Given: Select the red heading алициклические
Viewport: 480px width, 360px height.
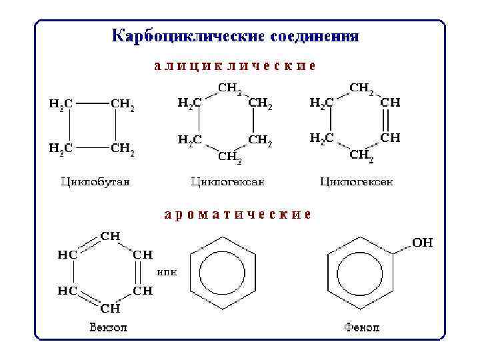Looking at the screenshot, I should pyautogui.click(x=235, y=67).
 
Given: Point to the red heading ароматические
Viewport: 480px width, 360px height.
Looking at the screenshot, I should pyautogui.click(x=237, y=215).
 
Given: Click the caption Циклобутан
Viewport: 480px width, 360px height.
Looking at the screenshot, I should pyautogui.click(x=95, y=181).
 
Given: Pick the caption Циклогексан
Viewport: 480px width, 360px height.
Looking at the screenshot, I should pyautogui.click(x=228, y=181).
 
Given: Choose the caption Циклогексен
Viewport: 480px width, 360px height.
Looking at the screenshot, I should pyautogui.click(x=357, y=181).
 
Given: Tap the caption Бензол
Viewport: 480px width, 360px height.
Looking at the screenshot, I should pyautogui.click(x=108, y=327).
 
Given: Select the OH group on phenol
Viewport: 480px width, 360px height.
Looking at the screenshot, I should pyautogui.click(x=422, y=243).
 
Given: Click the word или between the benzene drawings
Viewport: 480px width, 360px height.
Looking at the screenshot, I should pyautogui.click(x=166, y=272).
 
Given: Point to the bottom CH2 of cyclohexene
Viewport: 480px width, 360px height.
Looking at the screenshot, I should pyautogui.click(x=362, y=156).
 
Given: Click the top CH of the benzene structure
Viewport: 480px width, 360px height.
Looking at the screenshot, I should pyautogui.click(x=110, y=236).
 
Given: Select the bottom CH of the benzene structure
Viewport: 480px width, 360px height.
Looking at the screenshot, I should pyautogui.click(x=110, y=309).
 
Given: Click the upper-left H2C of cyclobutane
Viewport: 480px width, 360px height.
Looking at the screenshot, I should pyautogui.click(x=61, y=104).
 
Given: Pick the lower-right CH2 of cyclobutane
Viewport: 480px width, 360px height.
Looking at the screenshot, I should pyautogui.click(x=123, y=148).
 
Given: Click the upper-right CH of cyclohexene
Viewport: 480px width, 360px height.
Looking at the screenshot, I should pyautogui.click(x=390, y=103).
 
